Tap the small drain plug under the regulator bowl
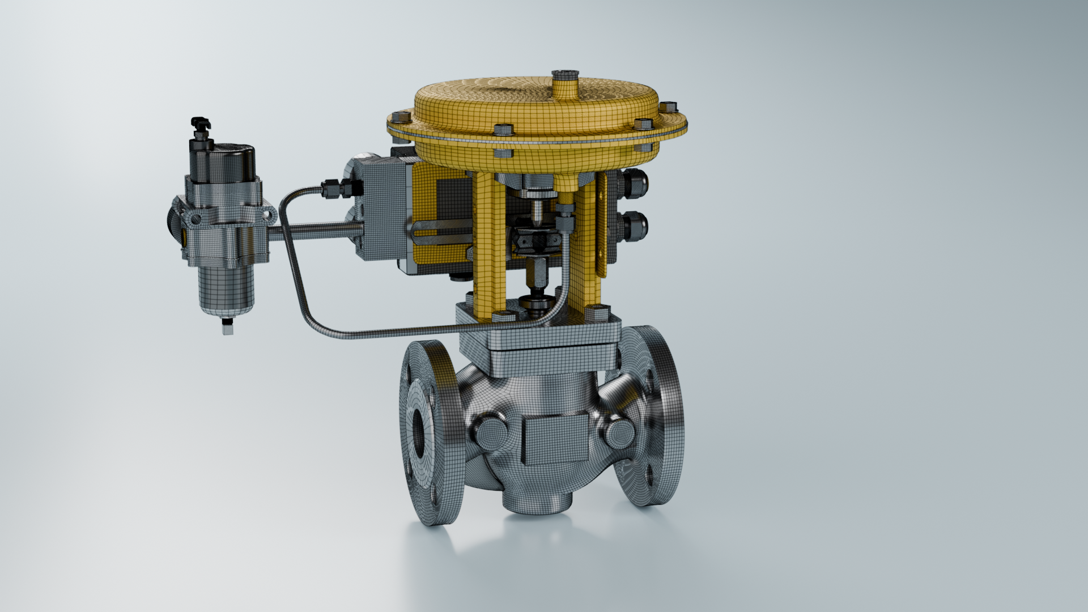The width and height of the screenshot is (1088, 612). [227, 327]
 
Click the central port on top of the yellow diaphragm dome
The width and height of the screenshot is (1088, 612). [565, 79]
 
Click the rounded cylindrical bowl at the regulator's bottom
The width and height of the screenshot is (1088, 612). [226, 289]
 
